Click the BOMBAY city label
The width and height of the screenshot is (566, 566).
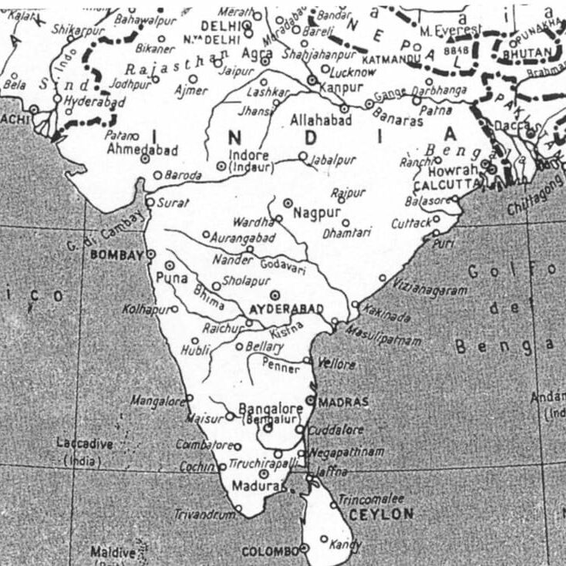(x=117, y=254)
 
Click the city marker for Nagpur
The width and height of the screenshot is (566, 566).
(x=288, y=203)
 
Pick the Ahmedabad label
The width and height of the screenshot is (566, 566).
(x=143, y=148)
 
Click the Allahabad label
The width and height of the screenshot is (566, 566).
(x=321, y=120)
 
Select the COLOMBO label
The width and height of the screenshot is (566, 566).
(x=270, y=551)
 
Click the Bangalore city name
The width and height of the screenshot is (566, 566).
(x=271, y=408)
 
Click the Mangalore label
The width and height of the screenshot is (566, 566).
(x=157, y=401)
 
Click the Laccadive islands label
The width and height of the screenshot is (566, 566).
(x=85, y=444)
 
